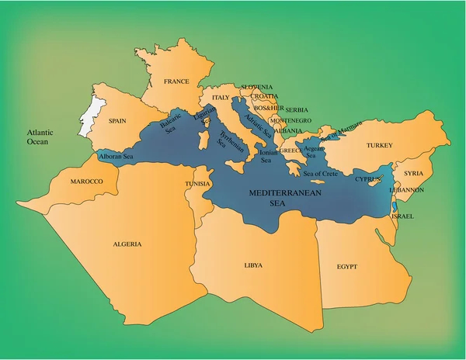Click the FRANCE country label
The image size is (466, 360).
176,81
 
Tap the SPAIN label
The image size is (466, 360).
117,121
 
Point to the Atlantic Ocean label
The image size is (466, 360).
37,137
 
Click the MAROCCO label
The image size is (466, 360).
87,182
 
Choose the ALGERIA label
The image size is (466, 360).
127,244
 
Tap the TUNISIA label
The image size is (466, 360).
197,183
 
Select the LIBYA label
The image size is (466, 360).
253,265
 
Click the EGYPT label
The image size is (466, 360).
347,266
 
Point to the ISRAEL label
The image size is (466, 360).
402,216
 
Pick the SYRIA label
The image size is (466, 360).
413,173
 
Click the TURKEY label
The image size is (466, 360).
380,146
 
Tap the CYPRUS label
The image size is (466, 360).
367,179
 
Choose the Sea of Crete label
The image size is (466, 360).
319,173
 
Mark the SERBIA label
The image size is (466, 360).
296,110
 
